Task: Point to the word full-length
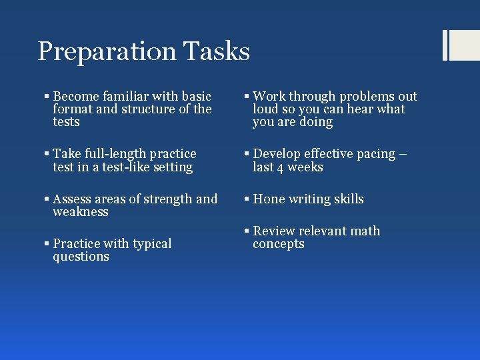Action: click(x=115, y=154)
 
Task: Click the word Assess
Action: click(x=73, y=199)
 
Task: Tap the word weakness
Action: click(x=80, y=212)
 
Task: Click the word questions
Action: click(x=81, y=257)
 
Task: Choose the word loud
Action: click(x=266, y=109)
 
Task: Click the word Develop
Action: click(x=279, y=154)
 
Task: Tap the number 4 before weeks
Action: click(x=281, y=167)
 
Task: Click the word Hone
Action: click(x=269, y=199)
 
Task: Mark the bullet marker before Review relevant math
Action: click(x=247, y=231)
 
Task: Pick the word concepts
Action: click(x=278, y=244)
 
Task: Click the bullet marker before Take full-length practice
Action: click(x=46, y=154)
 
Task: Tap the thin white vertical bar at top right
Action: click(x=445, y=45)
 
